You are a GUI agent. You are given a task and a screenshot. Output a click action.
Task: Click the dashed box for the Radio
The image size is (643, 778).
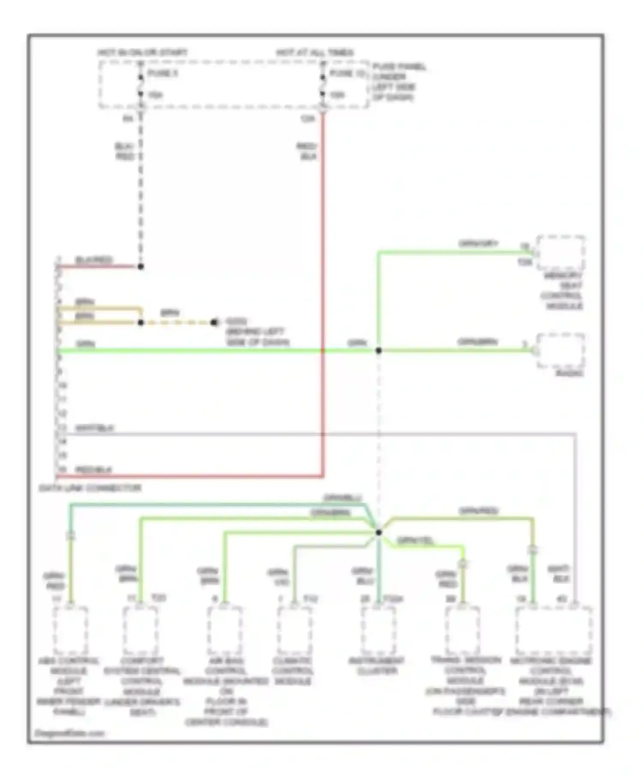[x=561, y=350]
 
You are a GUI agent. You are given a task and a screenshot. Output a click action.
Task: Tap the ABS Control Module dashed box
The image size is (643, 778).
[x=71, y=630]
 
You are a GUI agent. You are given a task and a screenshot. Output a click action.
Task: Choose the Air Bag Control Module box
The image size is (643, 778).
[x=225, y=630]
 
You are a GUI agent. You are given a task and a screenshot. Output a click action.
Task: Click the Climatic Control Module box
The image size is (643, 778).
[x=294, y=630]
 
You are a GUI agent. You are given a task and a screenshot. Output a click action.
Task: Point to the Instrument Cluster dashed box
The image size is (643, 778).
[x=378, y=630]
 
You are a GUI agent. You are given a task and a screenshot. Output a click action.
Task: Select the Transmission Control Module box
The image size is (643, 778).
[x=463, y=630]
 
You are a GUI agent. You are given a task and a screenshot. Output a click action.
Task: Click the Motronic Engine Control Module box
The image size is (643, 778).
[x=554, y=630]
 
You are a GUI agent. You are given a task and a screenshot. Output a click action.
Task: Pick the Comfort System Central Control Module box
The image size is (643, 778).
[x=140, y=630]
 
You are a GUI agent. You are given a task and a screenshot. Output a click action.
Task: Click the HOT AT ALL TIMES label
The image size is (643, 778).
[x=315, y=53]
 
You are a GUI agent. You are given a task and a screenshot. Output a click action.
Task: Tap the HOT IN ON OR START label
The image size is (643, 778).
[x=142, y=53]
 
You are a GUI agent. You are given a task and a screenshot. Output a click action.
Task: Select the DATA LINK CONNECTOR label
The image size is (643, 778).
[x=90, y=488]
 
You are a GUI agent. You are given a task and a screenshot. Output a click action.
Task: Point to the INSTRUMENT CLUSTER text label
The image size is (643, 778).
[x=376, y=666]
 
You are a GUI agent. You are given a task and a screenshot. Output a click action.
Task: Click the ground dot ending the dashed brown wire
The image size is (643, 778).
[x=214, y=323]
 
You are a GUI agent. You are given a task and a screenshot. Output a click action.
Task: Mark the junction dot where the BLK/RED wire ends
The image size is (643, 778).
[x=141, y=266]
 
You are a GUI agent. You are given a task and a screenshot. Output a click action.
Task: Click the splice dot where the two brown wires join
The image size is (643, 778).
[x=141, y=323]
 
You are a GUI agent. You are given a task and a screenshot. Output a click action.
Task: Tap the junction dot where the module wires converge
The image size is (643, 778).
[x=379, y=533]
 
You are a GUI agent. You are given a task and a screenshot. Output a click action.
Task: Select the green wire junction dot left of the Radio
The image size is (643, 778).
[x=379, y=350]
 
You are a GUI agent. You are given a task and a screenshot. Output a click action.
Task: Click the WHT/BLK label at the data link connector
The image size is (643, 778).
[x=95, y=428]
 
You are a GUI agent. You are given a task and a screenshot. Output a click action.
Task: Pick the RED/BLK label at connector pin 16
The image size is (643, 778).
[x=93, y=470]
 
